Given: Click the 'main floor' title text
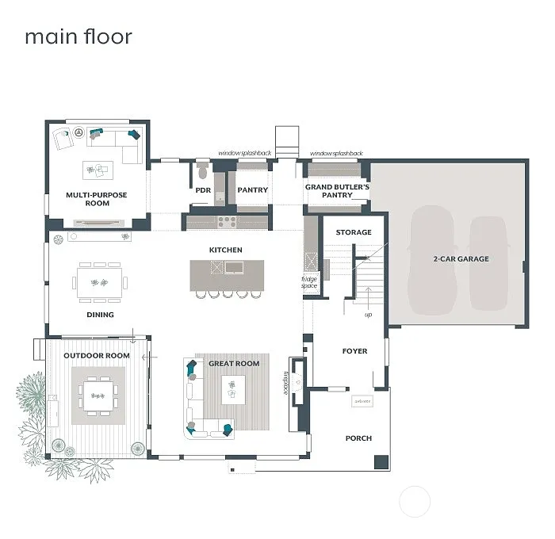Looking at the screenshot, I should click(78, 37).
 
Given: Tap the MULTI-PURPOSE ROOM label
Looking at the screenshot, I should click(97, 199).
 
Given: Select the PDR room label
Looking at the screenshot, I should click(203, 190).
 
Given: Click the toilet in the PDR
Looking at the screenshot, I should click(203, 170).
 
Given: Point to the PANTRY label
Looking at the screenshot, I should click(253, 190).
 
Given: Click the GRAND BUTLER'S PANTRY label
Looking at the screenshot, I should click(338, 190).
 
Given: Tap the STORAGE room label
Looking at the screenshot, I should click(354, 232).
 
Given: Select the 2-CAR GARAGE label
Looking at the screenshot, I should click(461, 258).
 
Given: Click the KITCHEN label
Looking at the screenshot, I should click(225, 250).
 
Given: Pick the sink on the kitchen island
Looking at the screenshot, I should click(235, 268).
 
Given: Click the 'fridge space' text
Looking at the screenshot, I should click(309, 281).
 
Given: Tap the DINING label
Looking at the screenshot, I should click(100, 315).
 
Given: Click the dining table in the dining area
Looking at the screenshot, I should click(100, 282).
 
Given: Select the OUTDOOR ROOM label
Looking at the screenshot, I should click(97, 355).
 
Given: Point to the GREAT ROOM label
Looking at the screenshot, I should click(234, 363).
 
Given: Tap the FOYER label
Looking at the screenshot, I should click(354, 350).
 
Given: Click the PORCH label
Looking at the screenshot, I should click(358, 438).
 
